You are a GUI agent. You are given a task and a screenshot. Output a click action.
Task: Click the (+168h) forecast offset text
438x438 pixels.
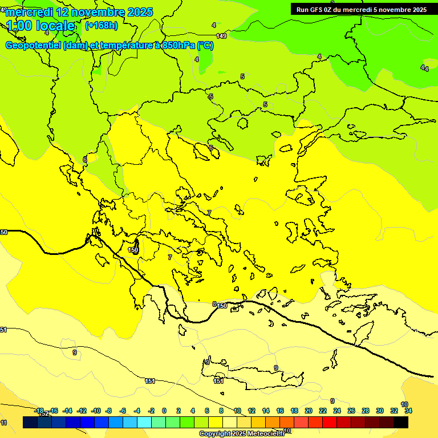pos(102,25)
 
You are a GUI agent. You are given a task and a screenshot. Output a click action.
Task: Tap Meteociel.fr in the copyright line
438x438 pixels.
pos(262,434)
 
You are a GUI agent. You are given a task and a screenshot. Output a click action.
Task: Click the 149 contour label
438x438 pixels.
pos(221,36)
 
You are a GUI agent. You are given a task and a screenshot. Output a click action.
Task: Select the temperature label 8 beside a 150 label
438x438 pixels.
pos(214,304)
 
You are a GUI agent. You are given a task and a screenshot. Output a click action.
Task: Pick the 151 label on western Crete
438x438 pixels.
pos(218,381)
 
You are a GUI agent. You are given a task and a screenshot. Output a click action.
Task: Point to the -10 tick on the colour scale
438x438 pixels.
pos(96,411)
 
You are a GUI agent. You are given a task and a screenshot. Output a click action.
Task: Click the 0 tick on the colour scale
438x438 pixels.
pos(164,411)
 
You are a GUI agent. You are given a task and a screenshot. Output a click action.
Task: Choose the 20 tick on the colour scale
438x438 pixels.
pos(308,411)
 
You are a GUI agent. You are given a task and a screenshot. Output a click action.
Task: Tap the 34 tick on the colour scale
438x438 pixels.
pos(408,411)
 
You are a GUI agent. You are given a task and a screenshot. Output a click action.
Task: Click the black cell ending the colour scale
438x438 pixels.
pos(401,422)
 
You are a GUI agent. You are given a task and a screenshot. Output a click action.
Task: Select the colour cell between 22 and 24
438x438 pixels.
pos(330,422)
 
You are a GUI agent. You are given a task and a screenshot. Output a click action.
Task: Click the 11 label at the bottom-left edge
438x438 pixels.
pos(4,423)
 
